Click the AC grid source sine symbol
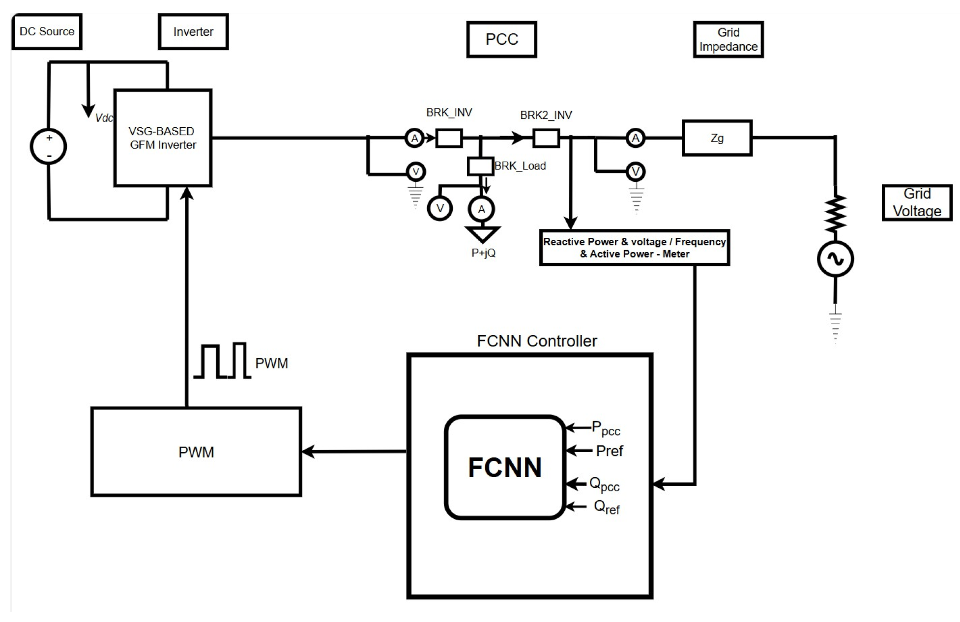835,259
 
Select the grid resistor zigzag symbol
836,213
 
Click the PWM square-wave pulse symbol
222,361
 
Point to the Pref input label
609,451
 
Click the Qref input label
607,508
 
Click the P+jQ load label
483,253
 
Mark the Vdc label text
104,118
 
